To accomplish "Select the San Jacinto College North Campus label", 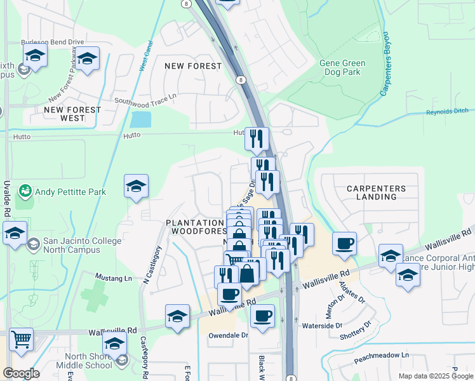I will pyautogui.click(x=81, y=246).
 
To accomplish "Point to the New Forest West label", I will pyautogui.click(x=72, y=114).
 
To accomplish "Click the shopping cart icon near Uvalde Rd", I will pyautogui.click(x=22, y=340).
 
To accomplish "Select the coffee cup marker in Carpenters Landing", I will pyautogui.click(x=344, y=243).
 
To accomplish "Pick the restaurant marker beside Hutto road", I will pyautogui.click(x=257, y=138).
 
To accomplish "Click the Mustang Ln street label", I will pyautogui.click(x=114, y=277).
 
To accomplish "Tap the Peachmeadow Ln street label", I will pyautogui.click(x=381, y=356).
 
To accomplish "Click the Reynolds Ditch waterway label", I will pyautogui.click(x=448, y=111).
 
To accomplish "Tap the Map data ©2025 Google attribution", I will pyautogui.click(x=435, y=376).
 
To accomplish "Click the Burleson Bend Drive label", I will pyautogui.click(x=52, y=43).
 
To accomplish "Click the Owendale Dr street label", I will pyautogui.click(x=227, y=335).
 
